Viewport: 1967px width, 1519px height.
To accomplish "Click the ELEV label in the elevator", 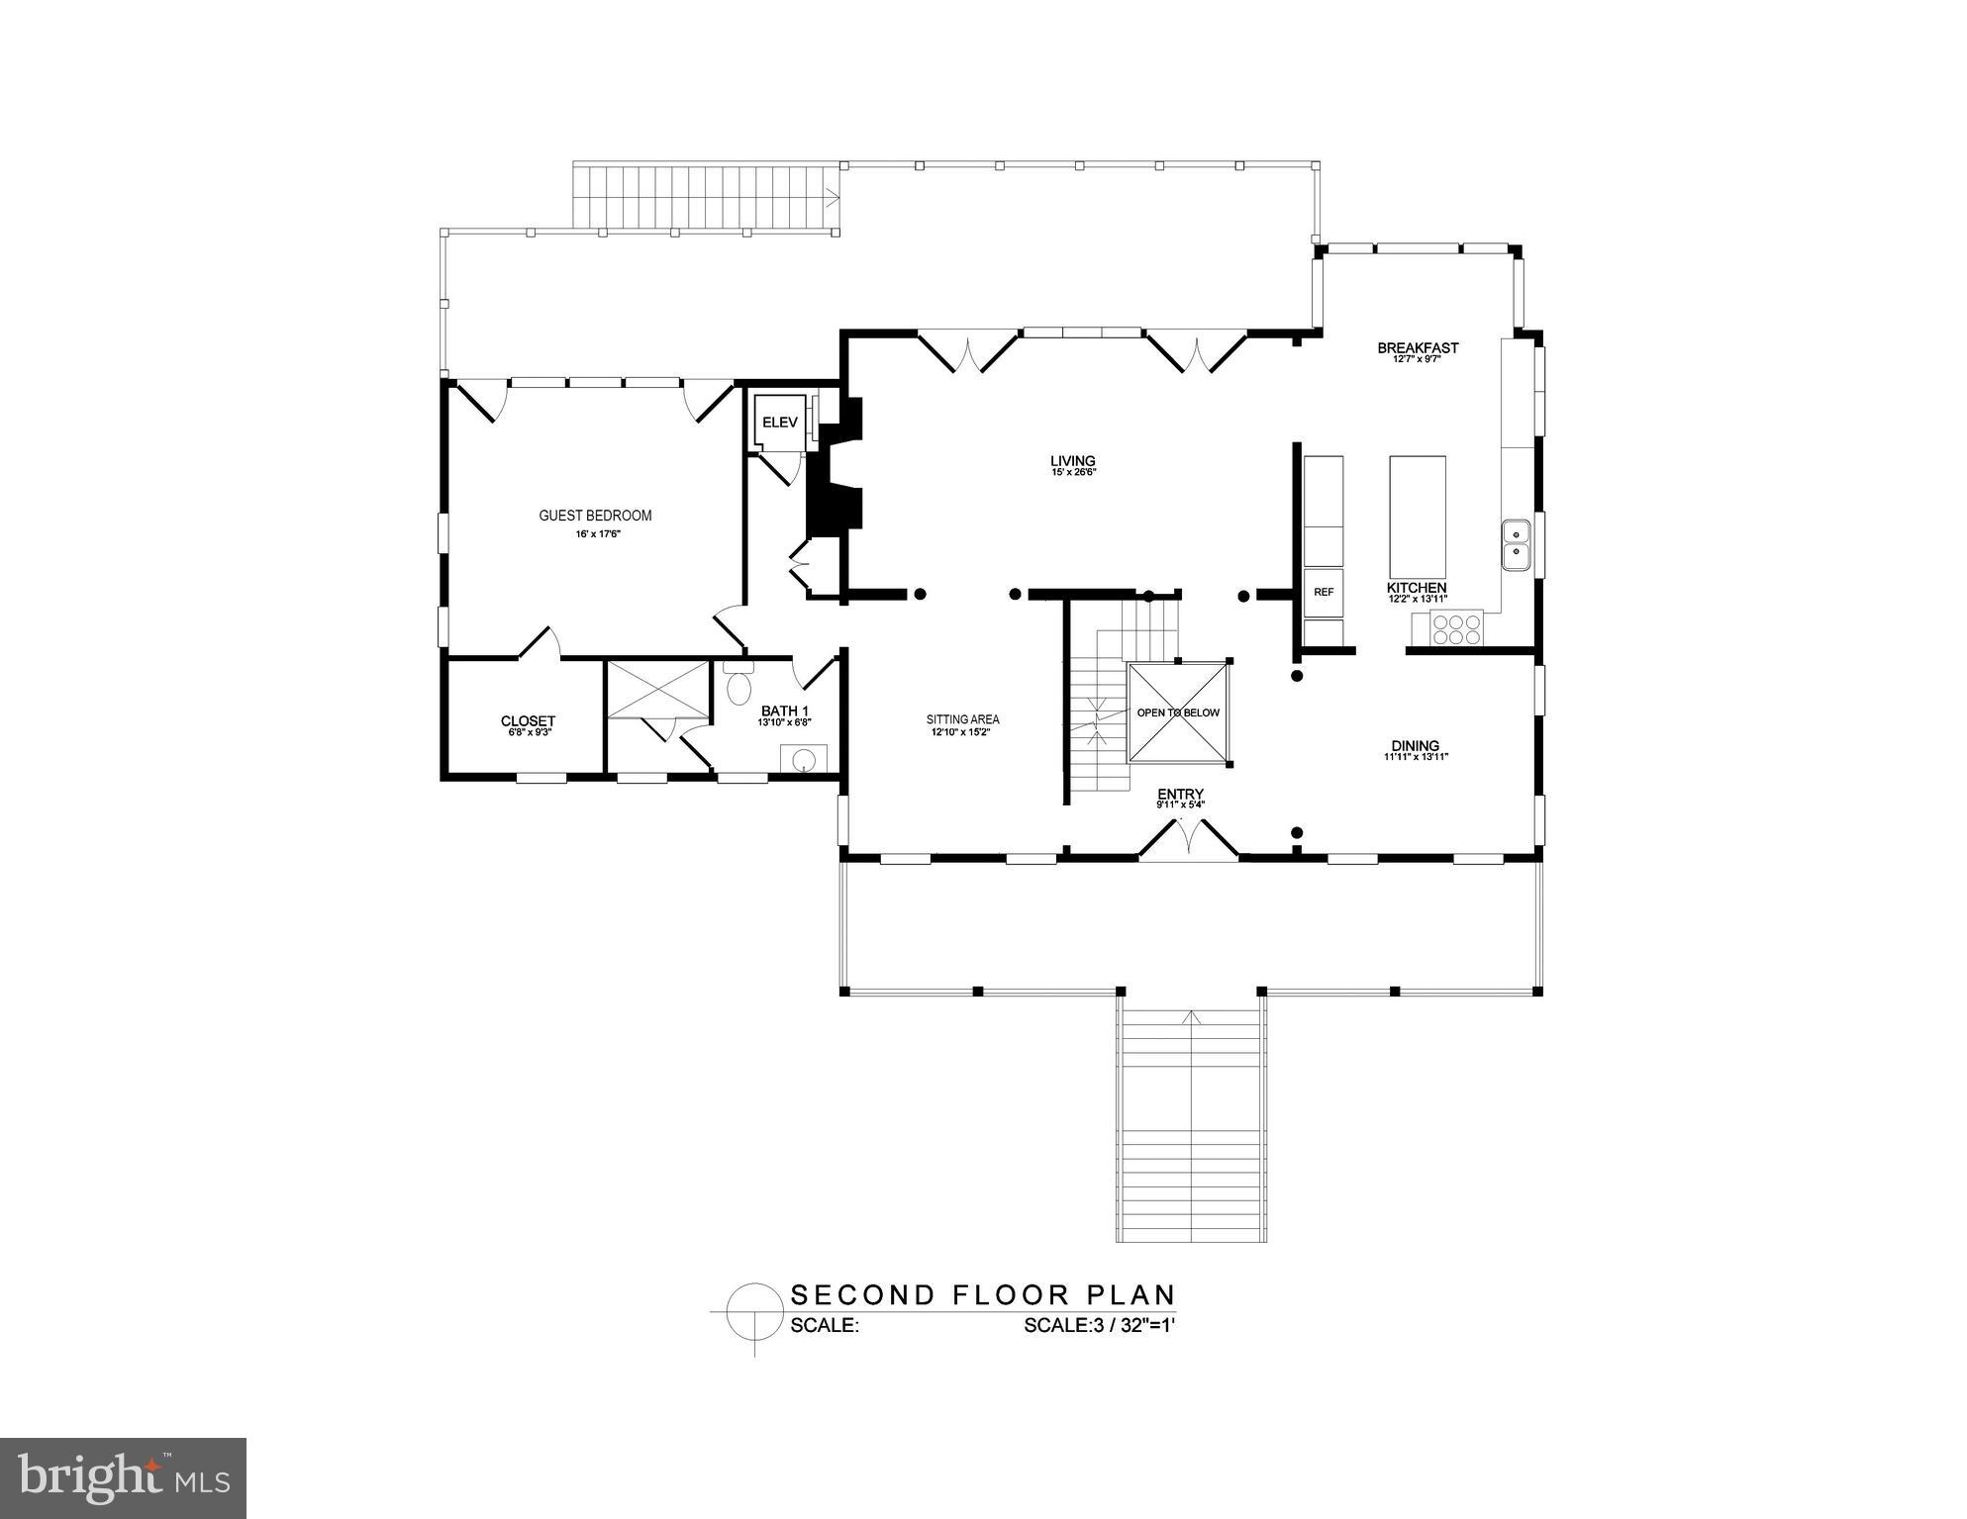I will (x=779, y=423).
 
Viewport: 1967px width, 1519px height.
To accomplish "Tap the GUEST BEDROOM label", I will (x=595, y=516).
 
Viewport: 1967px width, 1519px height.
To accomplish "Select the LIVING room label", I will (x=1073, y=461).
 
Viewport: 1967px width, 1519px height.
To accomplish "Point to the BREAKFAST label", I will (x=1418, y=348).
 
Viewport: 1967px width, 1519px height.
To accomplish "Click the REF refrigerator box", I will (x=1324, y=593).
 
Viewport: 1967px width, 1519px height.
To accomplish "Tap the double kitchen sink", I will (x=1516, y=545).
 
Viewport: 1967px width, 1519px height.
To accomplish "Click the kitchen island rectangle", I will (x=1417, y=517).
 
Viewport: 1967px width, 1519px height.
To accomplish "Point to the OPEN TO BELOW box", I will (x=1178, y=712).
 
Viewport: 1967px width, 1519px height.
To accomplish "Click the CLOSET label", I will (x=528, y=721).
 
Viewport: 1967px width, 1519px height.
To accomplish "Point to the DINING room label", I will (x=1415, y=746).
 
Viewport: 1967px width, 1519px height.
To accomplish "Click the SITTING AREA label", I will (x=962, y=719).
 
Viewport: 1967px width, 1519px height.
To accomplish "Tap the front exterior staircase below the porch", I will (x=1192, y=1125).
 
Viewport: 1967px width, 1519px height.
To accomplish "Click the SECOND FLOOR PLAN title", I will (x=982, y=1294).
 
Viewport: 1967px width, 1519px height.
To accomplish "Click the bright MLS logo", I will (x=123, y=1477).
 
